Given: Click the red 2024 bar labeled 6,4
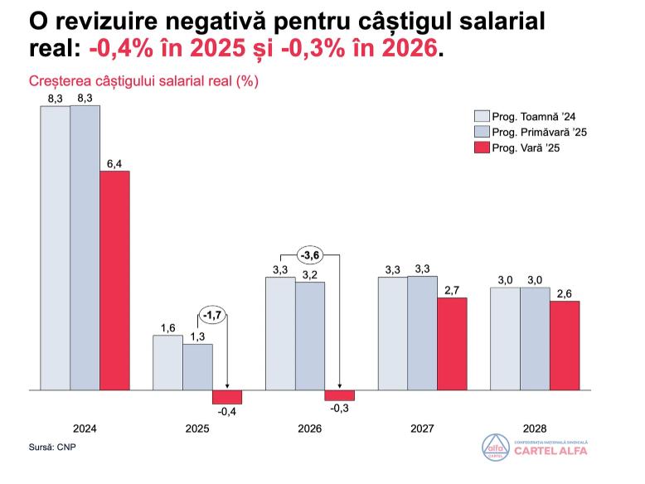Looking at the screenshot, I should [114, 279].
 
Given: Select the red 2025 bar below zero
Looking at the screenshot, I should [227, 396].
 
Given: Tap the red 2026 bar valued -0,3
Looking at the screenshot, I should [339, 394].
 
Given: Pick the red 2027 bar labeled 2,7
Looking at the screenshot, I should [452, 342].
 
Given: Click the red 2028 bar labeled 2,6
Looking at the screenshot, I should [565, 345].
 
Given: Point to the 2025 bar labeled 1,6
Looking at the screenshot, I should [167, 361].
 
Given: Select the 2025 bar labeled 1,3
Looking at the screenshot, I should [197, 366].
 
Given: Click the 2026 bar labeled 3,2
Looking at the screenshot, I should [309, 335].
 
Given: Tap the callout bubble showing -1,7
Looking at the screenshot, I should [212, 316].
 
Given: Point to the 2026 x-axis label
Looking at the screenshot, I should [309, 429].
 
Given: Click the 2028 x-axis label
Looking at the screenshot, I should [535, 429].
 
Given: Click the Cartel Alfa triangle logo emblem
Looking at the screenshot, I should [494, 447].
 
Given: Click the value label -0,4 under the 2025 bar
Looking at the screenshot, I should [227, 412].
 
